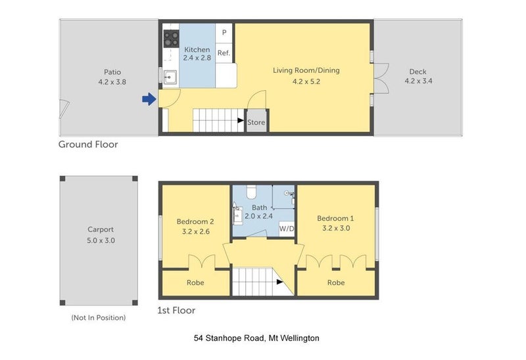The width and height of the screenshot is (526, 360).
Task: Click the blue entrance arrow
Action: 149,99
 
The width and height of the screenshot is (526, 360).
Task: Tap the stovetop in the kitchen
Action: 171,39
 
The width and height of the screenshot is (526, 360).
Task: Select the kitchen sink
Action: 170,78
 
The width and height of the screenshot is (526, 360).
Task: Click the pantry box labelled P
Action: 224,33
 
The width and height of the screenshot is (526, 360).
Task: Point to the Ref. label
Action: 224,53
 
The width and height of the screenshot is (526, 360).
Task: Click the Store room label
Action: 256,122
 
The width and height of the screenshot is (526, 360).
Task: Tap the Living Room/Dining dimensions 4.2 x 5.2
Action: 306,81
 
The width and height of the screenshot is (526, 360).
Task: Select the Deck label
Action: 418,72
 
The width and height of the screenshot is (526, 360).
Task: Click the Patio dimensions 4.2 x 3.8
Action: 112,81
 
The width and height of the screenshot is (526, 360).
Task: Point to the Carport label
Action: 101,230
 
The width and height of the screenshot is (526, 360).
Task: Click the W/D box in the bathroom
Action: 287,229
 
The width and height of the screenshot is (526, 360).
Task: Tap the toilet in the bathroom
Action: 252,191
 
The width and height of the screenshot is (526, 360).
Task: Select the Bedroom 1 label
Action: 335,219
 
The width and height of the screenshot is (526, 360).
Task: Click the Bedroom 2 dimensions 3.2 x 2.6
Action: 196,231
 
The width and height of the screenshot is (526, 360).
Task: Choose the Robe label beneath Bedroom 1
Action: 336,282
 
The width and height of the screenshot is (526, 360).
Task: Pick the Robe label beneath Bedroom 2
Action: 195,282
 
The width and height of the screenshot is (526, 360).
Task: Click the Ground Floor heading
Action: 88,145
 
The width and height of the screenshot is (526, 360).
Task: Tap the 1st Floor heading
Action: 176,310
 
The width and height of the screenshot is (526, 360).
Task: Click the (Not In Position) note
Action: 99,317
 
